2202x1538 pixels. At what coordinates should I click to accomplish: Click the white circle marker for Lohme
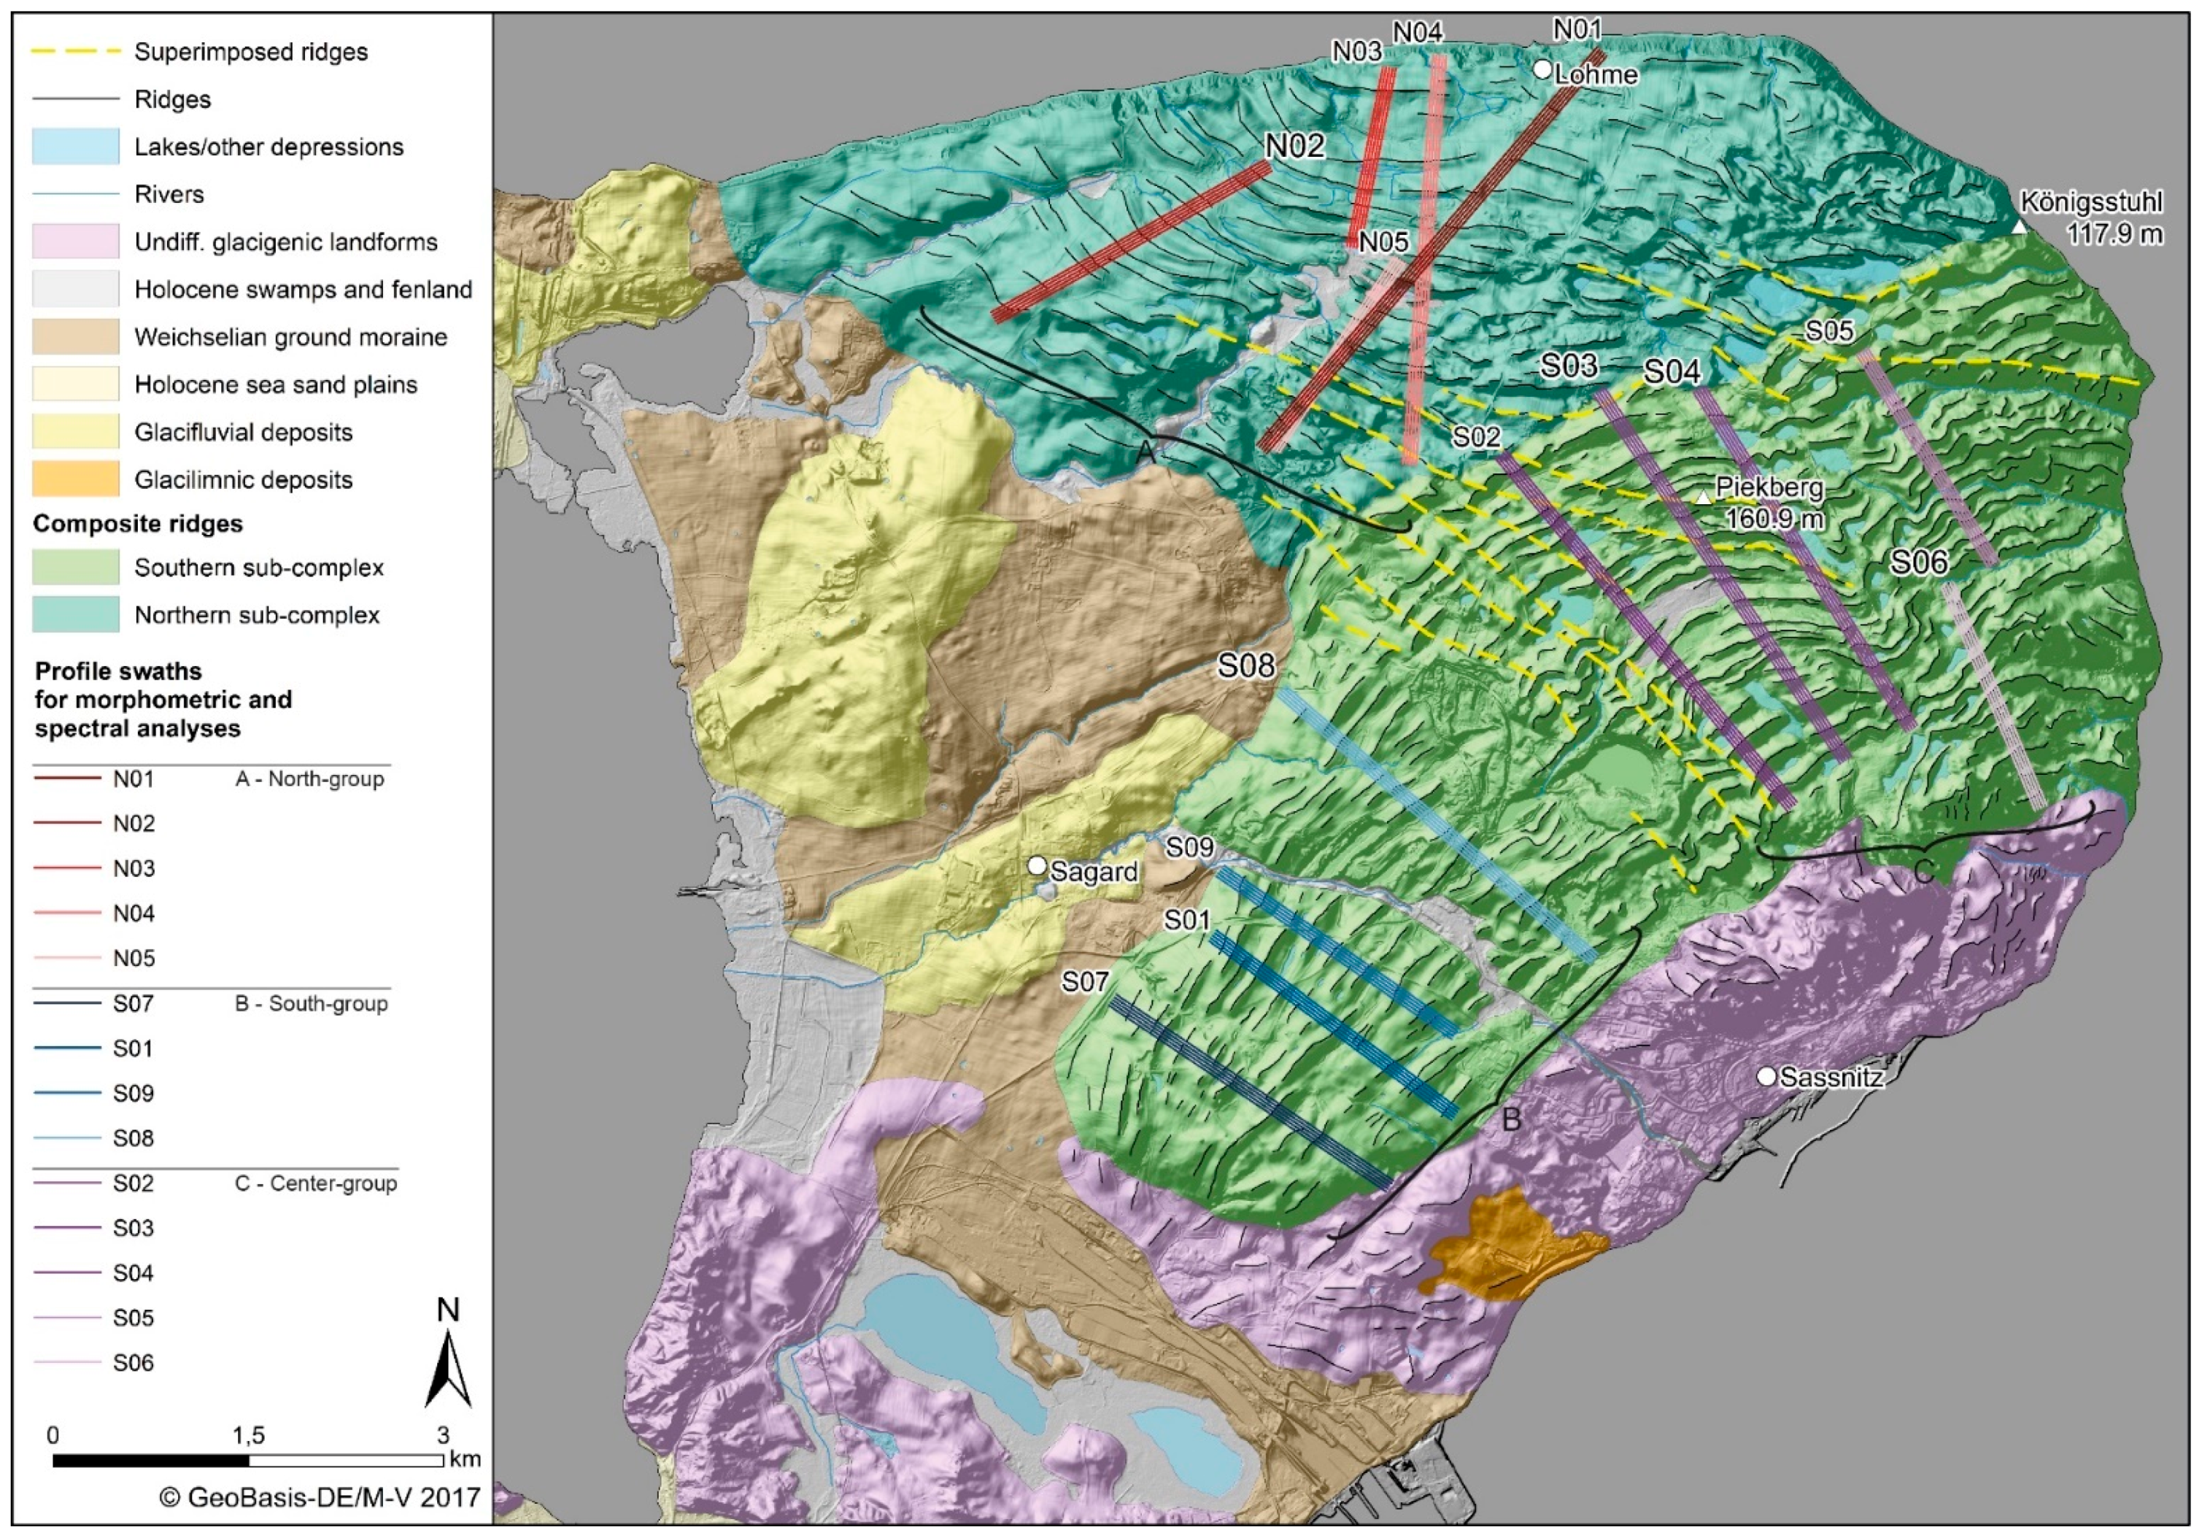[1541, 69]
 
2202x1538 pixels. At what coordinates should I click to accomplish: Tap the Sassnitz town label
[1831, 1078]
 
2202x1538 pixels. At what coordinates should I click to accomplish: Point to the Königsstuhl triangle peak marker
[2019, 227]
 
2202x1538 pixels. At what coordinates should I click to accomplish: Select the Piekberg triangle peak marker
[1702, 498]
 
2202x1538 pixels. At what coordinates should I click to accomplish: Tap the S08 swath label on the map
[1245, 665]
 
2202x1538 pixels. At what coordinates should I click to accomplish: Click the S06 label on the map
[1919, 562]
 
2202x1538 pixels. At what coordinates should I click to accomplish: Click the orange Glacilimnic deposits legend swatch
[76, 479]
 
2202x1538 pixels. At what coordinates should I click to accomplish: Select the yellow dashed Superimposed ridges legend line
[76, 51]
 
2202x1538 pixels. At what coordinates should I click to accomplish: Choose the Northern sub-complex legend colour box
[76, 614]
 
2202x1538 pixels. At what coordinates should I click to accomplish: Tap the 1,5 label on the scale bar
[247, 1435]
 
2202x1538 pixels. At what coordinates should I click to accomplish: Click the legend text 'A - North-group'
[309, 779]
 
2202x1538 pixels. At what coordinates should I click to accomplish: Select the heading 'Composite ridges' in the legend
[137, 524]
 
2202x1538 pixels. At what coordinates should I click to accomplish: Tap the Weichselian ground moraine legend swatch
[76, 336]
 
